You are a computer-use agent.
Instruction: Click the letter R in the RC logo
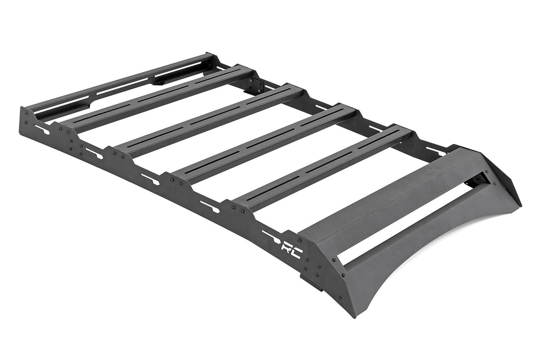pos(285,247)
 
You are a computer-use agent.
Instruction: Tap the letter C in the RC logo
pos(297,253)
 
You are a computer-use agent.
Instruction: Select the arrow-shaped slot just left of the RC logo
pos(270,236)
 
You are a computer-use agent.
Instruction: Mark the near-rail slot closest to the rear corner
pos(42,129)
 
